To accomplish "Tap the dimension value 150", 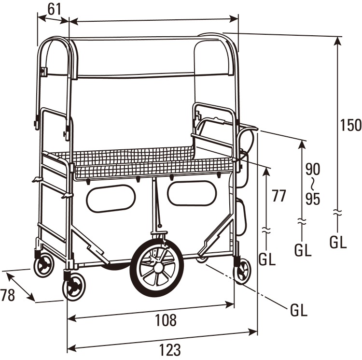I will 349,125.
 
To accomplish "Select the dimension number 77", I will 279,196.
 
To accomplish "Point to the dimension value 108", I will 166,319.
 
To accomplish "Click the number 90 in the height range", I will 313,169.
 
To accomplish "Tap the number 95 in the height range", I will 313,199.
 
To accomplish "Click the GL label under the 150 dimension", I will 338,242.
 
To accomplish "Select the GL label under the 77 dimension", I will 267,259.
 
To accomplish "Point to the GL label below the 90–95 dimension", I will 303,250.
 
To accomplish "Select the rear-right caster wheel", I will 242,270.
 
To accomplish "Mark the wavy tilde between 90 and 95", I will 313,184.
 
